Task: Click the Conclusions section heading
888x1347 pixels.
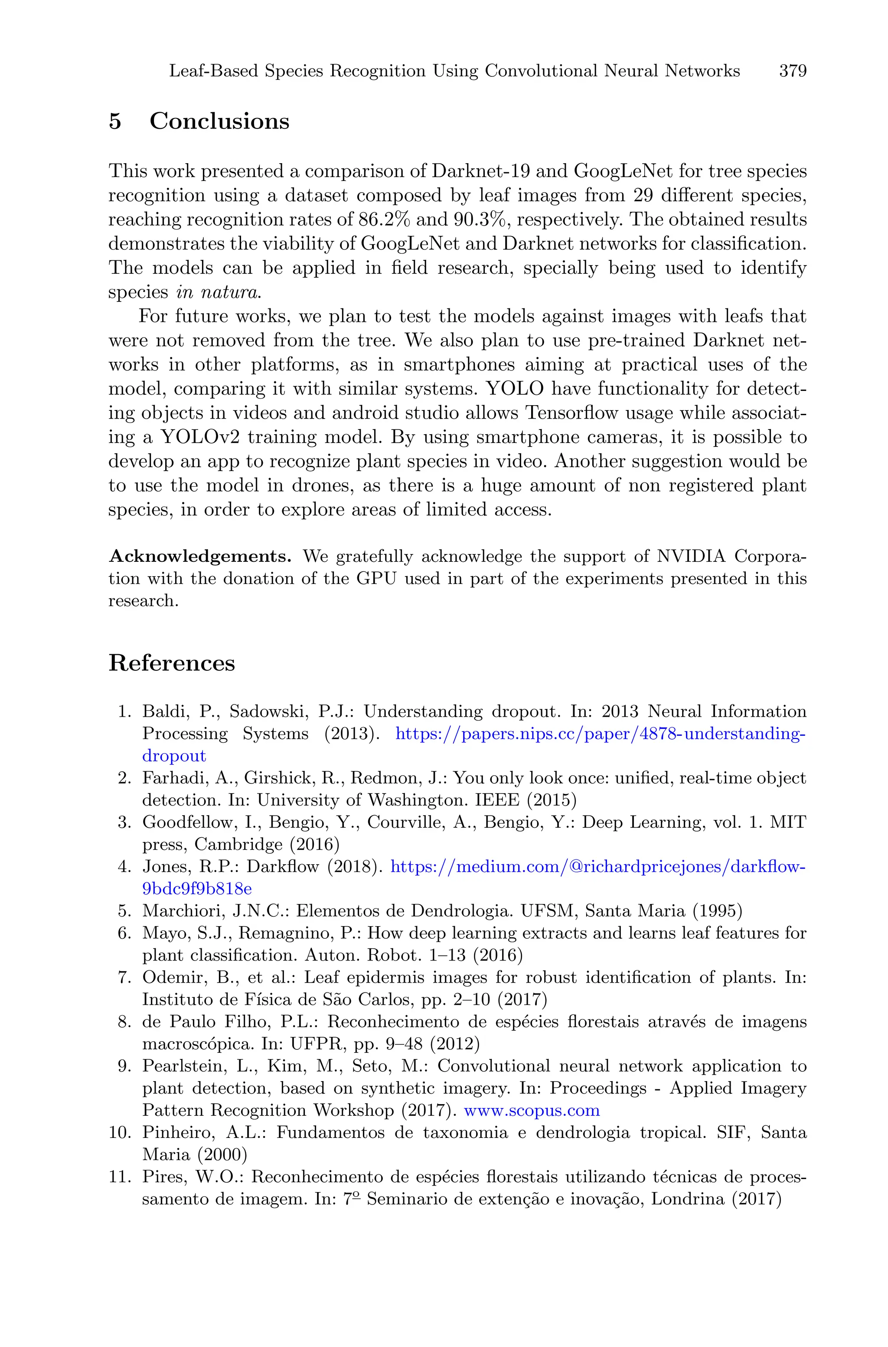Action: tap(219, 121)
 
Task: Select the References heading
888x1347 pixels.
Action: tap(172, 663)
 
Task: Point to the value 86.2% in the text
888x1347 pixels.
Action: tap(383, 219)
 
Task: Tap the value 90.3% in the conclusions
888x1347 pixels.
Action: tap(479, 219)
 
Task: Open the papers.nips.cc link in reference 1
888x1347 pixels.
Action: tap(599, 734)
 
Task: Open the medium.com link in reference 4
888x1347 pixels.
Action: tap(598, 867)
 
